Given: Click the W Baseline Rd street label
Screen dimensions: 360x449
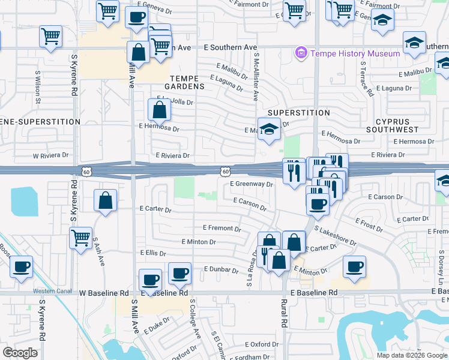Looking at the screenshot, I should pyautogui.click(x=104, y=293).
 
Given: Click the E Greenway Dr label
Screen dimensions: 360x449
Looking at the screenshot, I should pyautogui.click(x=252, y=185).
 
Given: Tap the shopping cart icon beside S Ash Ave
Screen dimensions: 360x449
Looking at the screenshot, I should pyautogui.click(x=80, y=238).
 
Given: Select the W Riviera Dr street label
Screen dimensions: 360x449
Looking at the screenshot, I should pyautogui.click(x=51, y=155).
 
